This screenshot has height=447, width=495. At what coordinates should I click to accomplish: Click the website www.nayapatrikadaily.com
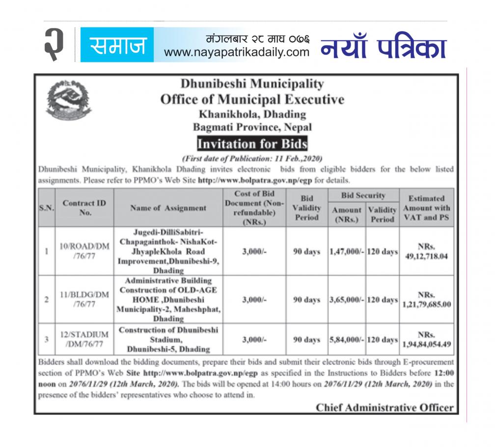click(237, 52)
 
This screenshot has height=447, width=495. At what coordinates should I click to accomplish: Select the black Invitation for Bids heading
click(252, 144)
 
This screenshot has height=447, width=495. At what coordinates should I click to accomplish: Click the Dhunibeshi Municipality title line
click(252, 84)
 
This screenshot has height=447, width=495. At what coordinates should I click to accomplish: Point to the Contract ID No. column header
click(84, 208)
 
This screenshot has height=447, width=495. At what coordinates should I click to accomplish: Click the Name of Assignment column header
click(168, 208)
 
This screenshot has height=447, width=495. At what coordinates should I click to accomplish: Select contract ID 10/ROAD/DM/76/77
click(84, 251)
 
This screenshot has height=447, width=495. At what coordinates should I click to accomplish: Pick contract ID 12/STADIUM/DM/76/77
click(84, 339)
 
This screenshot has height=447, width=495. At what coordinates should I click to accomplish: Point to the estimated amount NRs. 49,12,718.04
click(426, 251)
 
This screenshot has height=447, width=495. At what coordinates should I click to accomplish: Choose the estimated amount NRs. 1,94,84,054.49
click(426, 339)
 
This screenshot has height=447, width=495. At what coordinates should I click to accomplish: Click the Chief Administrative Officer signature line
click(385, 407)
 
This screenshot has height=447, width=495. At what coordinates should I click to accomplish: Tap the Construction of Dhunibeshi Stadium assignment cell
click(168, 339)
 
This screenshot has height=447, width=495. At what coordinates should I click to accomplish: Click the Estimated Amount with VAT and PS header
click(426, 208)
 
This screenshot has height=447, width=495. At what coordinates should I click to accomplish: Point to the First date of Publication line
click(251, 159)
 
